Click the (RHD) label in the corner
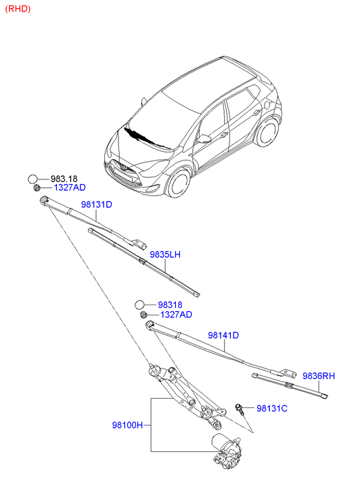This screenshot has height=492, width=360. click(x=18, y=9)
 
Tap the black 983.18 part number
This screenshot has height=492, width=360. click(x=64, y=179)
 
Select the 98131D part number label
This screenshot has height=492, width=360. click(x=97, y=204)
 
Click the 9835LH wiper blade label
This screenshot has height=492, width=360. click(x=165, y=254)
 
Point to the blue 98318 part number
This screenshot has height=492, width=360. click(x=170, y=305)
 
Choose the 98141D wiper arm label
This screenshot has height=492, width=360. click(x=223, y=336)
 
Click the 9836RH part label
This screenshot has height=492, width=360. click(x=319, y=376)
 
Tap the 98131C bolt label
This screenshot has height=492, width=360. click(x=272, y=409)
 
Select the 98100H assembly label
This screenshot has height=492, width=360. click(x=127, y=425)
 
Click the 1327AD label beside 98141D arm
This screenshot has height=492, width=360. click(x=177, y=315)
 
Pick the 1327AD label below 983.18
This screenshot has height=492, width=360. click(x=70, y=187)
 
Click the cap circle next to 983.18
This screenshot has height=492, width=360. click(x=32, y=179)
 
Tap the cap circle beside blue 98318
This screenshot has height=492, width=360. click(x=139, y=305)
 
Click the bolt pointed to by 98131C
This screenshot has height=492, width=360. click(x=240, y=409)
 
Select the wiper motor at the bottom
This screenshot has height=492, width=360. click(x=227, y=452)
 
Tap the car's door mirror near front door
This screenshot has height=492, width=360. click(x=204, y=139)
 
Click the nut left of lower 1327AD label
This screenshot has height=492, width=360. click(x=143, y=315)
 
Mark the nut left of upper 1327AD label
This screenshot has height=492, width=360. click(x=37, y=187)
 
